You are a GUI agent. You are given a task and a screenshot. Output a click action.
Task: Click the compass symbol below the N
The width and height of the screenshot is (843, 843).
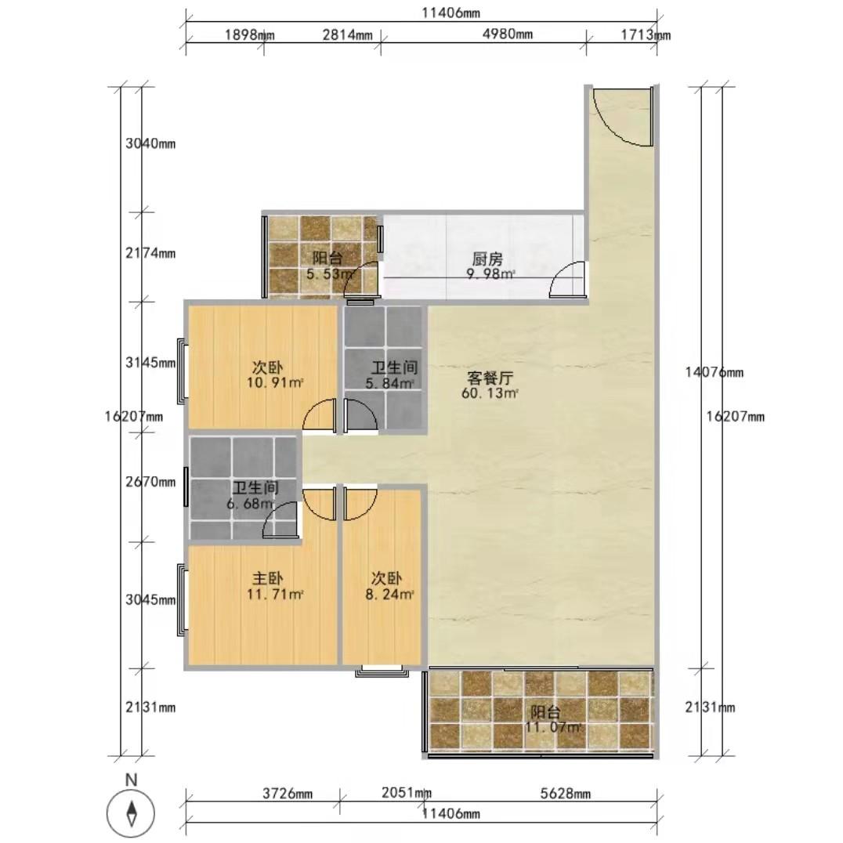[131, 812]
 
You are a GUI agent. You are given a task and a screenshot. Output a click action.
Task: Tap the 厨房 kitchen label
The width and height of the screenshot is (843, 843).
[487, 259]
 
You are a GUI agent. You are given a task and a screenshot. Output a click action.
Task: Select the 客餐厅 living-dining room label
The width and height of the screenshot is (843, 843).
[490, 378]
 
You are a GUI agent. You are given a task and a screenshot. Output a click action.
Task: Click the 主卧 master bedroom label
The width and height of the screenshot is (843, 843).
[268, 578]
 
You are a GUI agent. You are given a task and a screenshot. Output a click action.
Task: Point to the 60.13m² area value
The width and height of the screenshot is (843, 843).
[490, 393]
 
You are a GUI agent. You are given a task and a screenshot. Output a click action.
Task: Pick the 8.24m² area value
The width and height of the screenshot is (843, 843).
[390, 595]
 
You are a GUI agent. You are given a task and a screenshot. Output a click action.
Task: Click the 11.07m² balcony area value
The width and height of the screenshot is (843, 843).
[553, 727]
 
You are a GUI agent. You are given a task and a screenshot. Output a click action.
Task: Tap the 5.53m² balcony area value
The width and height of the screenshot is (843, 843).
[331, 274]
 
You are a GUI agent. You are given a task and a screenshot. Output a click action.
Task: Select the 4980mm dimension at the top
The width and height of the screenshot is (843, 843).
[508, 34]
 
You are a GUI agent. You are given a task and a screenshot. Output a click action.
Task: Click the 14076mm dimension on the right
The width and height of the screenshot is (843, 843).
[714, 372]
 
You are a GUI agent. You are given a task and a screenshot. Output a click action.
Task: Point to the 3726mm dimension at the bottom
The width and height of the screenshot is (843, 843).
[287, 794]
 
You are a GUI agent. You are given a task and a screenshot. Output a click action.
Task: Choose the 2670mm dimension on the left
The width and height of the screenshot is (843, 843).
[150, 482]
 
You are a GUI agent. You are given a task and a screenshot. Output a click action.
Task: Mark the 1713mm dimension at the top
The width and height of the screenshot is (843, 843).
[646, 35]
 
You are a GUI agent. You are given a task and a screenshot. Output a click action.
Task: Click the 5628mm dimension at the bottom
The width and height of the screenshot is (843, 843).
[565, 794]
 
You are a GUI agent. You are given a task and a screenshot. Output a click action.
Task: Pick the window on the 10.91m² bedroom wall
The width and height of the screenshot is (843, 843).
[183, 371]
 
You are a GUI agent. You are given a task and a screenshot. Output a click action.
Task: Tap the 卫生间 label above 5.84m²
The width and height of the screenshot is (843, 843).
[395, 367]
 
